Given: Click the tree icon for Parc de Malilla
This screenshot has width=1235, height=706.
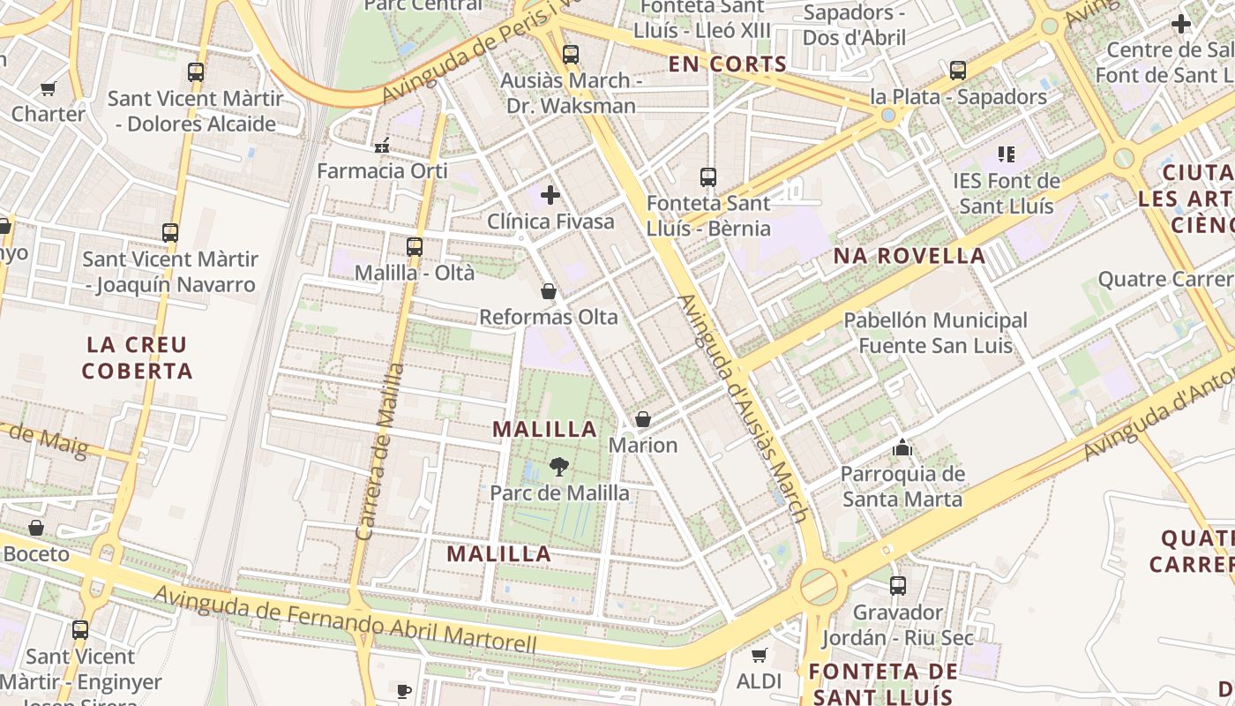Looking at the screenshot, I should pyautogui.click(x=558, y=467).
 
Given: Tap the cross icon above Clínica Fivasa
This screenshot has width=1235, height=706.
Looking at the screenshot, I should pyautogui.click(x=550, y=195).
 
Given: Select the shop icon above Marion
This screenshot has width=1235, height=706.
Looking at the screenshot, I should pyautogui.click(x=643, y=419).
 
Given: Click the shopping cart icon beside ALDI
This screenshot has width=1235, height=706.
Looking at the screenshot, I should pyautogui.click(x=759, y=656).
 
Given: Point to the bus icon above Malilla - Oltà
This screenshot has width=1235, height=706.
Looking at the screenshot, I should pyautogui.click(x=415, y=247).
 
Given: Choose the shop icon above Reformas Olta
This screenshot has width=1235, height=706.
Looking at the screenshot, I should pyautogui.click(x=549, y=291).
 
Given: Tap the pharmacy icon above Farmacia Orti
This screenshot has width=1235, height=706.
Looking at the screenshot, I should pyautogui.click(x=382, y=146).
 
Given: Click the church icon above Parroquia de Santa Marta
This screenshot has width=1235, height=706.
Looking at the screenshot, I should pyautogui.click(x=902, y=448).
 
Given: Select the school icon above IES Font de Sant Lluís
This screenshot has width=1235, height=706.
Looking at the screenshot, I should pyautogui.click(x=1007, y=155).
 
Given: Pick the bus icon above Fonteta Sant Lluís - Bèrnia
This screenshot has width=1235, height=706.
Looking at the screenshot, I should pyautogui.click(x=707, y=177).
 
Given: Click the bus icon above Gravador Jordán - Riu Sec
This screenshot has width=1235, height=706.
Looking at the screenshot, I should pyautogui.click(x=898, y=586).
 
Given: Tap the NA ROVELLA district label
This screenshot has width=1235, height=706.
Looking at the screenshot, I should pyautogui.click(x=909, y=257).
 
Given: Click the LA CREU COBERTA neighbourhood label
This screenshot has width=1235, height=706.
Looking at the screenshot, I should pyautogui.click(x=137, y=357).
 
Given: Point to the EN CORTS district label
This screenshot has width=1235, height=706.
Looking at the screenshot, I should pyautogui.click(x=727, y=64).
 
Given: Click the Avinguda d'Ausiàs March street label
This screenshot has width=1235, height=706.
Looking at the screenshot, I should pyautogui.click(x=742, y=408).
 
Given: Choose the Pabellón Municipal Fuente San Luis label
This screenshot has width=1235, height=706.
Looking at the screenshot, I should pyautogui.click(x=935, y=333).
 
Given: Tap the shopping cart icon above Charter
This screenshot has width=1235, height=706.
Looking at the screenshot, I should pyautogui.click(x=49, y=88).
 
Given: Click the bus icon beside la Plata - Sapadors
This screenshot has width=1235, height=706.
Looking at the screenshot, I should pyautogui.click(x=958, y=71).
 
